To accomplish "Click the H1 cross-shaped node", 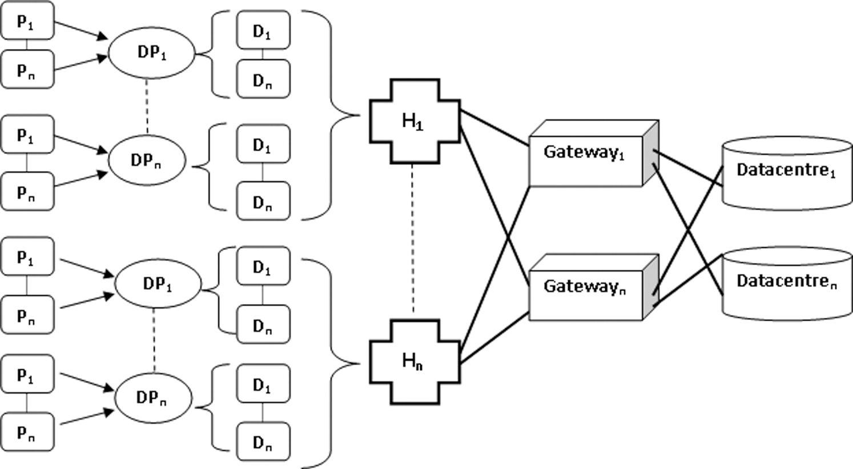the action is (415, 122).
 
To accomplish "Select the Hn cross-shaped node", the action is (415, 362).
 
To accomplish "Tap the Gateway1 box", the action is (594, 153).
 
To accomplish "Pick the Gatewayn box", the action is (594, 288).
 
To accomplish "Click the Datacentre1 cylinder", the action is (787, 173).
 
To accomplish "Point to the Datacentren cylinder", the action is (787, 284).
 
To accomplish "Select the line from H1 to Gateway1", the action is (494, 128).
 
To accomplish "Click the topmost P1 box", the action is (27, 21).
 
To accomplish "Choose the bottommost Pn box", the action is (27, 432).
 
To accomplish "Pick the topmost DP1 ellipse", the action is (151, 53).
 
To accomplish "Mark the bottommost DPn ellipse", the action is (154, 398).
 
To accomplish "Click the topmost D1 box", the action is (263, 30).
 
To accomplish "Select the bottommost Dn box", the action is (263, 442).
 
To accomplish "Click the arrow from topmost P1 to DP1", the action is (82, 30).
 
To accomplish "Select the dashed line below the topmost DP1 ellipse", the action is (147, 107).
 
